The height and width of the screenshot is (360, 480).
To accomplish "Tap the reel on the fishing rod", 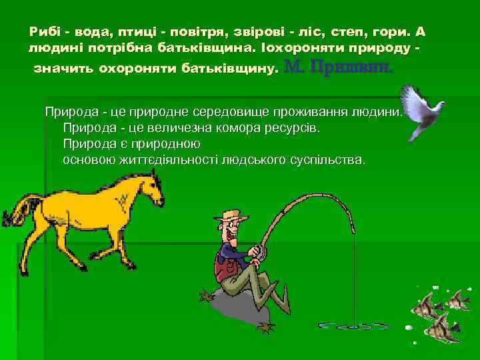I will point(261,251).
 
